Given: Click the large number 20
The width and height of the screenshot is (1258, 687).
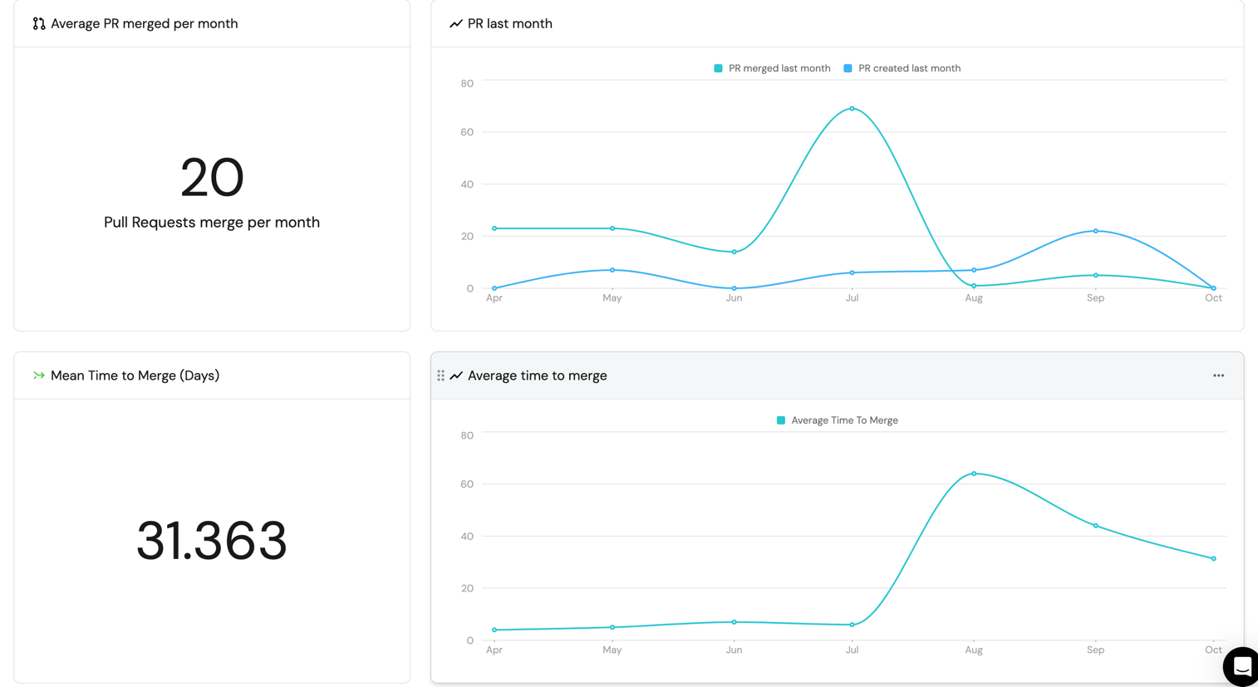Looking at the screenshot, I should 212,177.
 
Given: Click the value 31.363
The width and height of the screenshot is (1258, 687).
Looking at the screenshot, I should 212,541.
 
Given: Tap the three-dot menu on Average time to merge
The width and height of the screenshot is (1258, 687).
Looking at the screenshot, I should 1218,375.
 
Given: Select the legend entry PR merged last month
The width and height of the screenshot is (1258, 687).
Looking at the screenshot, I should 772,68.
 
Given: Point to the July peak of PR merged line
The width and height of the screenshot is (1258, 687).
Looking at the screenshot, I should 852,109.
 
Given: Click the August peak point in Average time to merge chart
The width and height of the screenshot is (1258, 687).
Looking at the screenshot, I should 974,474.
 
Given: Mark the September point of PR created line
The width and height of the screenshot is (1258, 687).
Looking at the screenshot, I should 1096,231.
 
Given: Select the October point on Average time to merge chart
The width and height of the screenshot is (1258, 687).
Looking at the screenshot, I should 1214,558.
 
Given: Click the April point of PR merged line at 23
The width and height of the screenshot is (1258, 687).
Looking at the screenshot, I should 494,228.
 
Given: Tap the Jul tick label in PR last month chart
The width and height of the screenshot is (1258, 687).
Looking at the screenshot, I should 852,297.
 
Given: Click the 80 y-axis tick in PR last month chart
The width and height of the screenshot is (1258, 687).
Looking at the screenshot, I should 467,83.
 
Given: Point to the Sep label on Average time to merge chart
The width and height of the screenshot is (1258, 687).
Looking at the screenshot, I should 1096,650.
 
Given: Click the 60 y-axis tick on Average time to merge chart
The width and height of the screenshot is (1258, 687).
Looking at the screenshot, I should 467,483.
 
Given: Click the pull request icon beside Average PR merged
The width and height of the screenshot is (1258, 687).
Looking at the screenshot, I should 39,23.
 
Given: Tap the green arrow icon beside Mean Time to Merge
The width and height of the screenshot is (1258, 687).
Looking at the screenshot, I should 38,375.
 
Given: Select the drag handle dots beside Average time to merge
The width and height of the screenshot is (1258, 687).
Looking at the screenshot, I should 440,375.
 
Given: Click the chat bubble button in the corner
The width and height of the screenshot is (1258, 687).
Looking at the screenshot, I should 1241,666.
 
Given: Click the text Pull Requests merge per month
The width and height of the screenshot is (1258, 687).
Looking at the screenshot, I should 212,222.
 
